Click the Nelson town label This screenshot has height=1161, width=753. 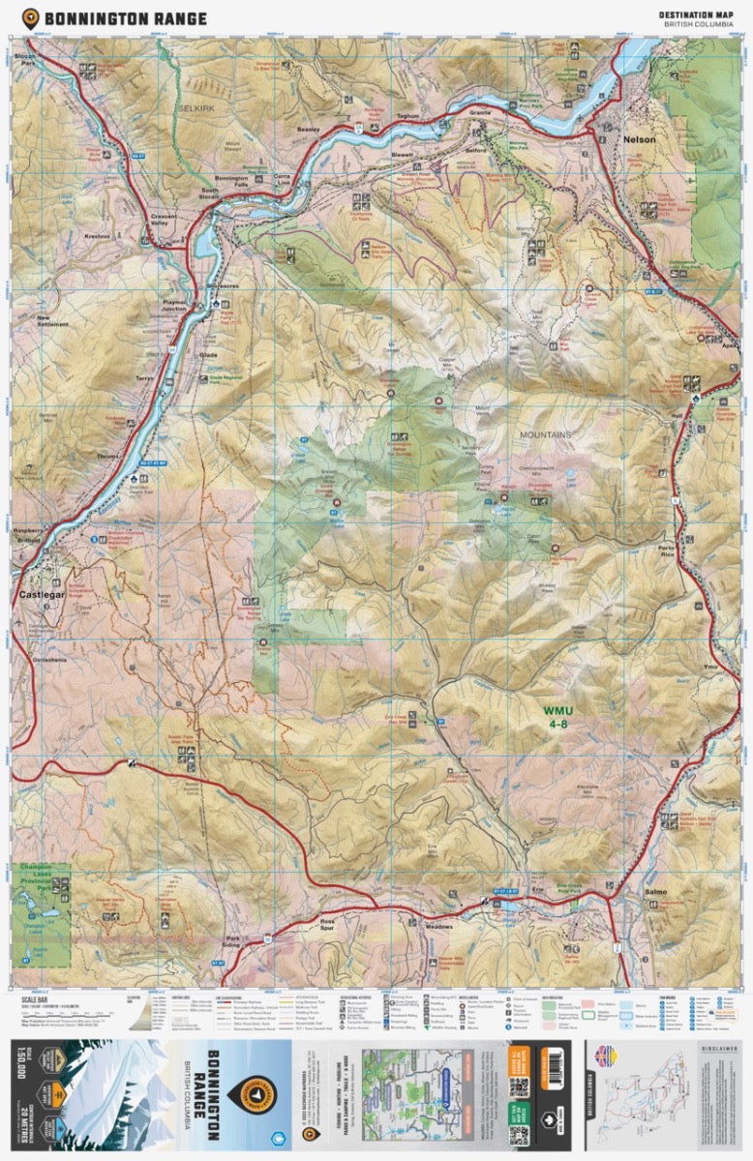click(x=640, y=139)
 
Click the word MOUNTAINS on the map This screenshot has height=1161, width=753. click(x=544, y=435)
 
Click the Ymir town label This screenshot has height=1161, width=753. click(x=713, y=667)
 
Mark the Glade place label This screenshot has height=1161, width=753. click(x=209, y=354)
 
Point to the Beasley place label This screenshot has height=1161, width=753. click(x=308, y=129)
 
